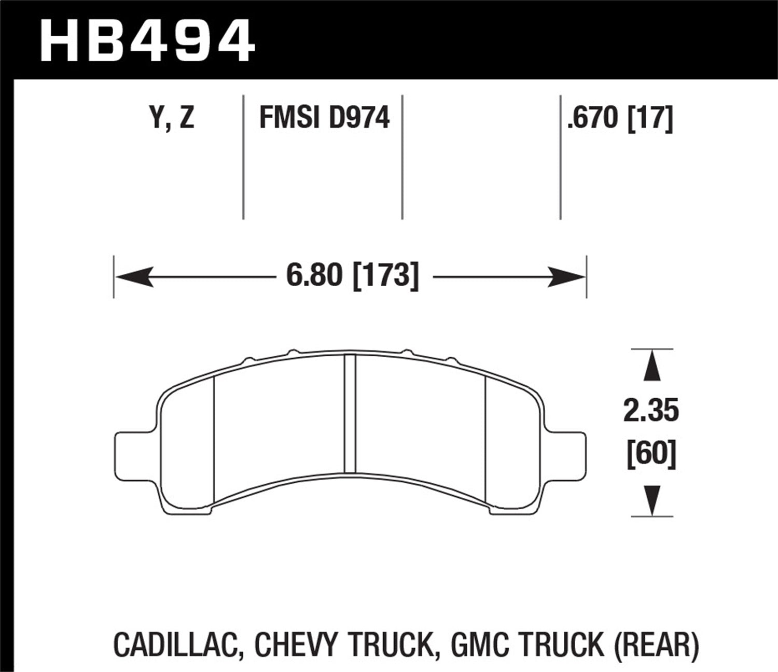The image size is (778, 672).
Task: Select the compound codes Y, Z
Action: pos(172,118)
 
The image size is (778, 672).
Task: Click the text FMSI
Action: pos(290,118)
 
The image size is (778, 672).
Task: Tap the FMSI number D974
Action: pos(358,118)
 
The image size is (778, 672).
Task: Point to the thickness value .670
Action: pos(593,118)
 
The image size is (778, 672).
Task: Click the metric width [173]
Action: pos(385,275)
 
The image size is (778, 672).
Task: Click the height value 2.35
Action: pos(651,411)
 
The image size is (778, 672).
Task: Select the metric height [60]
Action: pos(651,454)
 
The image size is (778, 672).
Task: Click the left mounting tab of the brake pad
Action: pos(133,450)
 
